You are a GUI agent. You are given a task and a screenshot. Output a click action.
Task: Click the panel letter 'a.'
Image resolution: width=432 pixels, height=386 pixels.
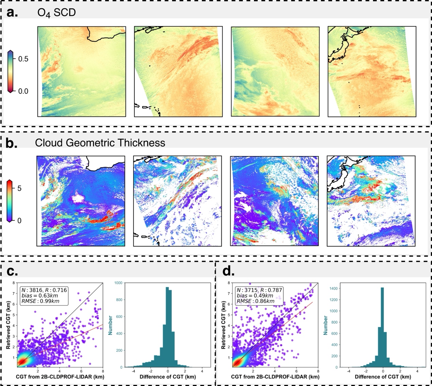click(12, 12)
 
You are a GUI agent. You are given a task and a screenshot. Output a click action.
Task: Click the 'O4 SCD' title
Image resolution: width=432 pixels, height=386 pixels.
click(56, 13)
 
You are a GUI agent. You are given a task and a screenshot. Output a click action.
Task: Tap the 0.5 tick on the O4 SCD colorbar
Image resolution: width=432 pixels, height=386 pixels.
click(23, 59)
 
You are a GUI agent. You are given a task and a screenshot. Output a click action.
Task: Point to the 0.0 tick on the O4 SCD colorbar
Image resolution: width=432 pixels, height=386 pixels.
click(23, 91)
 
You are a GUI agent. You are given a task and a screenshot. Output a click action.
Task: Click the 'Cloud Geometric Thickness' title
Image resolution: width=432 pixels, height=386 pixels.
click(100, 142)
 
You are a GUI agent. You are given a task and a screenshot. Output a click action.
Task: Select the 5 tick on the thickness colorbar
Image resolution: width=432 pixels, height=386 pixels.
click(19, 188)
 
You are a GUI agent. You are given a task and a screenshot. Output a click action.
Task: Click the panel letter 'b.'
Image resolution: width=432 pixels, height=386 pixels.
click(12, 143)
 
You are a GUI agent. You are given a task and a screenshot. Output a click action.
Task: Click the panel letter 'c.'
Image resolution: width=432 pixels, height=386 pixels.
click(12, 271)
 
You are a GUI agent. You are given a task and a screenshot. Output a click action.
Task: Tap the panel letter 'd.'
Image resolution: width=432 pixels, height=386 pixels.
click(228, 271)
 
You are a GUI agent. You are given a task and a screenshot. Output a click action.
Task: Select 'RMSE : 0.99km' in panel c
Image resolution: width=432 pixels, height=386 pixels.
click(40, 301)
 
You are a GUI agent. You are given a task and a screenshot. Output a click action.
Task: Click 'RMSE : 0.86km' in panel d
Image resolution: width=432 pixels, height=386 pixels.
click(255, 301)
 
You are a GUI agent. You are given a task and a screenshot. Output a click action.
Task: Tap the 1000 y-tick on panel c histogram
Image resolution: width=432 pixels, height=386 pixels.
click(118, 283)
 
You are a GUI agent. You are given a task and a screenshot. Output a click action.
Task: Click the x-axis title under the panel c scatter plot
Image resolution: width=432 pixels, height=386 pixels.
click(60, 377)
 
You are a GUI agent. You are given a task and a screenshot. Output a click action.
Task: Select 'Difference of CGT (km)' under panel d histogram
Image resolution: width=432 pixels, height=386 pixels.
click(383, 377)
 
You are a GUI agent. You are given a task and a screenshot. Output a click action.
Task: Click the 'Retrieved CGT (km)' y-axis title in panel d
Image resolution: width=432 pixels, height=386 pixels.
click(223, 325)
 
